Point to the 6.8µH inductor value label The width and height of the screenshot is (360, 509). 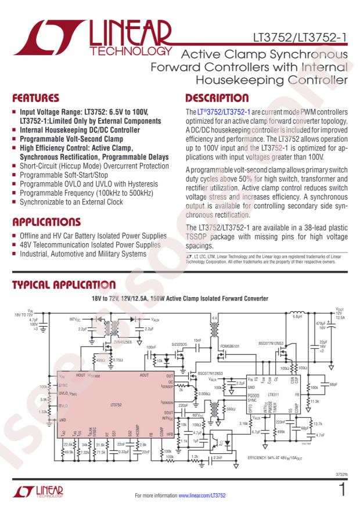click(x=296, y=316)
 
